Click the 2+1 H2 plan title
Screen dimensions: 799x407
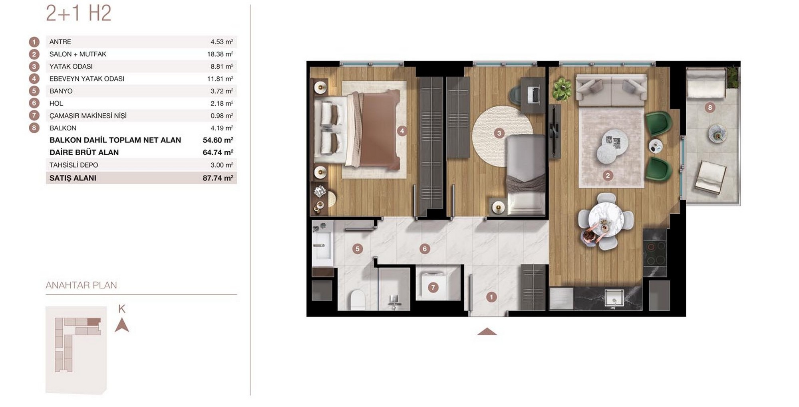78,13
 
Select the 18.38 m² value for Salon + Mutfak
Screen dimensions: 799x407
220,54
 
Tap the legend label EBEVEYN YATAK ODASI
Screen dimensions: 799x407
87,79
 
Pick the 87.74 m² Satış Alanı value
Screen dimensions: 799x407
218,178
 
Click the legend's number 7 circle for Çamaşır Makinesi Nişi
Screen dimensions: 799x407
34,116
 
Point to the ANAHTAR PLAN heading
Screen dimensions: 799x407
81,285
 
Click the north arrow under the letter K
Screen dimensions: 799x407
122,325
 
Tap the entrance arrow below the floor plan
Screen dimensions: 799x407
487,331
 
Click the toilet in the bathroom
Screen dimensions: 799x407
357,300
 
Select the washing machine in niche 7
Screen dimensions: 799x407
433,284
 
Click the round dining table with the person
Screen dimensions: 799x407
606,219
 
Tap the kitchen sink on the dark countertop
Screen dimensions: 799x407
613,298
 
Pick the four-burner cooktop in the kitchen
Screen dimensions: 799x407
654,253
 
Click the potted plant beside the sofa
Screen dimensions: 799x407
562,88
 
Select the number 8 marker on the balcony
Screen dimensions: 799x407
710,107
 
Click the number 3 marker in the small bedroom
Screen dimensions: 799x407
499,133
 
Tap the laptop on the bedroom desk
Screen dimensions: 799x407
533,94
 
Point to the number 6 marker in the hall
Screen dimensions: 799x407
425,249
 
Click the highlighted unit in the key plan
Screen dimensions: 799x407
94,322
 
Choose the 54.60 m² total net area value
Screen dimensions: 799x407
218,140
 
